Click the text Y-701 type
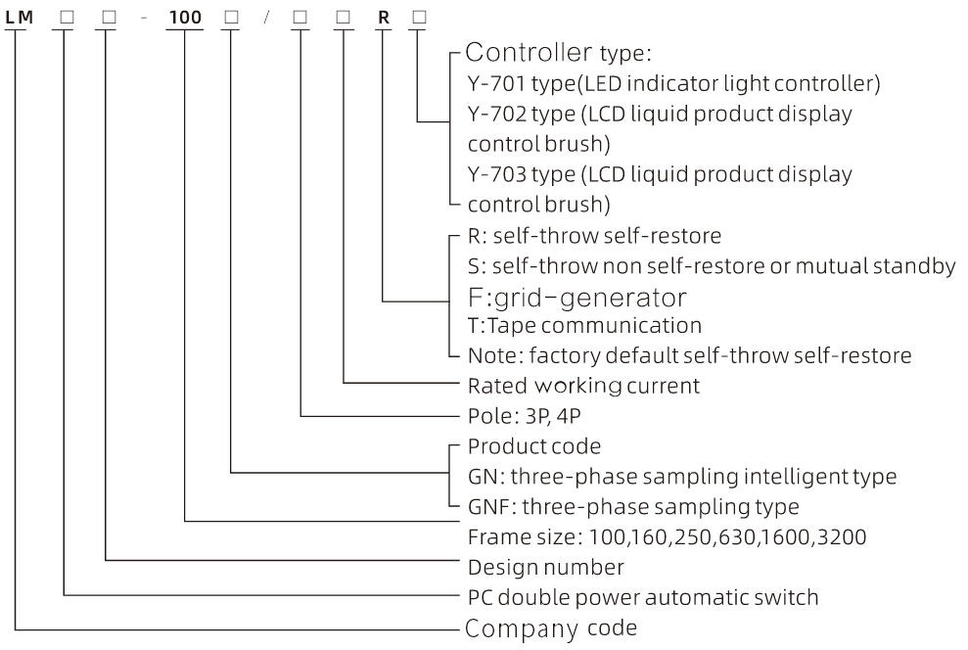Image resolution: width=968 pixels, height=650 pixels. [x=510, y=84]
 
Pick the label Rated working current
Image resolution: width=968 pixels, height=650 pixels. [x=583, y=386]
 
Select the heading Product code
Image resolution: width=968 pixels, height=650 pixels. [x=534, y=446]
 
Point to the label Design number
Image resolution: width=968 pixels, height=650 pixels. [x=546, y=567]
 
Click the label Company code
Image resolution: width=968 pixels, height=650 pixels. [x=551, y=627]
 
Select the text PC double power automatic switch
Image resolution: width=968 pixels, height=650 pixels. [x=642, y=597]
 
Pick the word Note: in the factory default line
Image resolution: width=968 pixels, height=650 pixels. [x=491, y=356]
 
